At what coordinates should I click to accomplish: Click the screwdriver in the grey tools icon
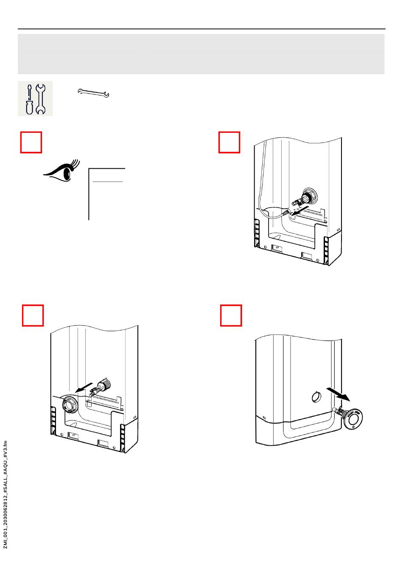pos(29,99)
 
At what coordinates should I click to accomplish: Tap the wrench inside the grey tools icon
pos(41,99)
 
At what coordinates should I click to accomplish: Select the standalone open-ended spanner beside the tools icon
pos(93,93)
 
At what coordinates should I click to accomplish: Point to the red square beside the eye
pos(31,142)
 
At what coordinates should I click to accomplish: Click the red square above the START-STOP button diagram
pos(231,315)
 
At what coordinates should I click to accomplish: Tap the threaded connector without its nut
pos(101,386)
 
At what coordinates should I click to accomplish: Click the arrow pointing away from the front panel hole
pos(339,393)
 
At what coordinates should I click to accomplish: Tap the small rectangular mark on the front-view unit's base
pos(264,418)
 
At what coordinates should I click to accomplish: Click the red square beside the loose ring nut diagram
pos(33,315)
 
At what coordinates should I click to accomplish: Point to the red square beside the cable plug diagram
pos(229,142)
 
